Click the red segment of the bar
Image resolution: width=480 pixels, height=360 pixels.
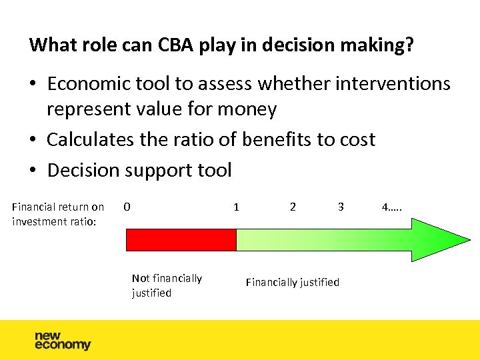coord(181,240)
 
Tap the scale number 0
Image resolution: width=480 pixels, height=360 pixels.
coord(127,207)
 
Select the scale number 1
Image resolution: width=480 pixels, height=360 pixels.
coord(236,207)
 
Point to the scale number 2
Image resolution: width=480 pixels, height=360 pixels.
coord(293,207)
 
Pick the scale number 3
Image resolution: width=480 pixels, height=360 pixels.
coord(341,207)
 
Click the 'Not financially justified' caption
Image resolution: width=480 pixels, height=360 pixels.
coord(167,285)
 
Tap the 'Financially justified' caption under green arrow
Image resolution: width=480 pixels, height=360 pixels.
coord(292,282)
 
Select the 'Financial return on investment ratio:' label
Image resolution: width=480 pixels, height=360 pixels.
coord(58,214)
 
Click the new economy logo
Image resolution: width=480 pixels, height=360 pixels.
coord(62,340)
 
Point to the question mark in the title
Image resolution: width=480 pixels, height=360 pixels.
coord(409,45)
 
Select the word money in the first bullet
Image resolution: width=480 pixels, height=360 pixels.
coord(248,109)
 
